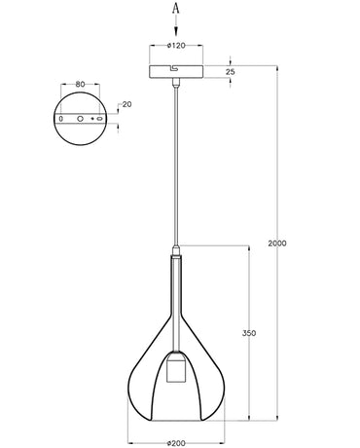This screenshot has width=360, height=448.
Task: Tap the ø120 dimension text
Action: (176, 45)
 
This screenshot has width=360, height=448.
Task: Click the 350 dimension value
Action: (249, 332)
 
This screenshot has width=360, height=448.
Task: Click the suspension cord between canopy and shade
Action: (176, 166)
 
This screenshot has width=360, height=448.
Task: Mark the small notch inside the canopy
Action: (169, 70)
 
